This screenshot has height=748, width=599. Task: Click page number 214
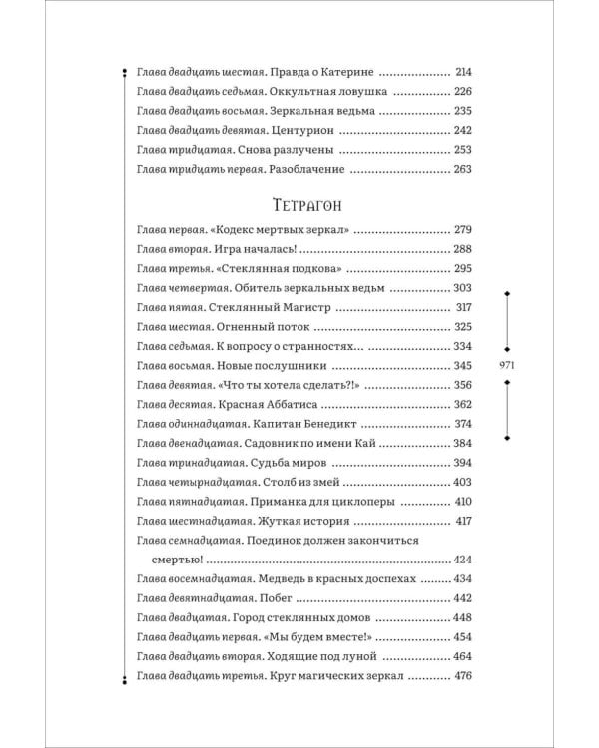coord(462,73)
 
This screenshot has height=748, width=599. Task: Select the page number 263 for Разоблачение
coord(462,169)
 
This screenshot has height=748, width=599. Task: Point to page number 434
coord(462,578)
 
